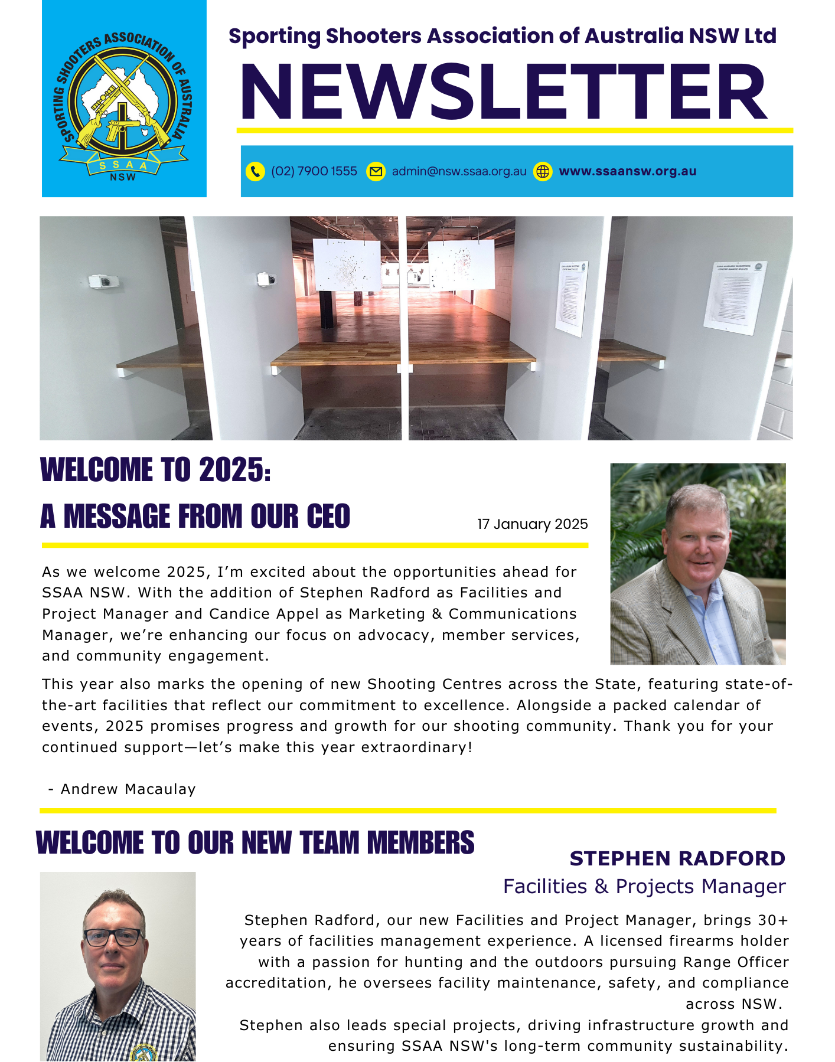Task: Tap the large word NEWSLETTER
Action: (504, 93)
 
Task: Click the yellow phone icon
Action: (255, 171)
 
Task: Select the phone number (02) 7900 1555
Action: (314, 171)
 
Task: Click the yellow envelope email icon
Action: (376, 171)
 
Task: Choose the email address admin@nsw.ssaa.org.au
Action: (459, 171)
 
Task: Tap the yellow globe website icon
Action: (543, 171)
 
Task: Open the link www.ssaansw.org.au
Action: (627, 171)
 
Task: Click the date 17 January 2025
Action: (532, 524)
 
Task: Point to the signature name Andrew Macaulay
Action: (128, 789)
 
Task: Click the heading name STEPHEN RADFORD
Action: (677, 858)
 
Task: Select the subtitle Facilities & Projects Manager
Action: (644, 886)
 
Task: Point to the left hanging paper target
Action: (347, 264)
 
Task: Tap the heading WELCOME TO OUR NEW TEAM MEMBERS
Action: (255, 842)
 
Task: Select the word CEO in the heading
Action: (328, 517)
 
